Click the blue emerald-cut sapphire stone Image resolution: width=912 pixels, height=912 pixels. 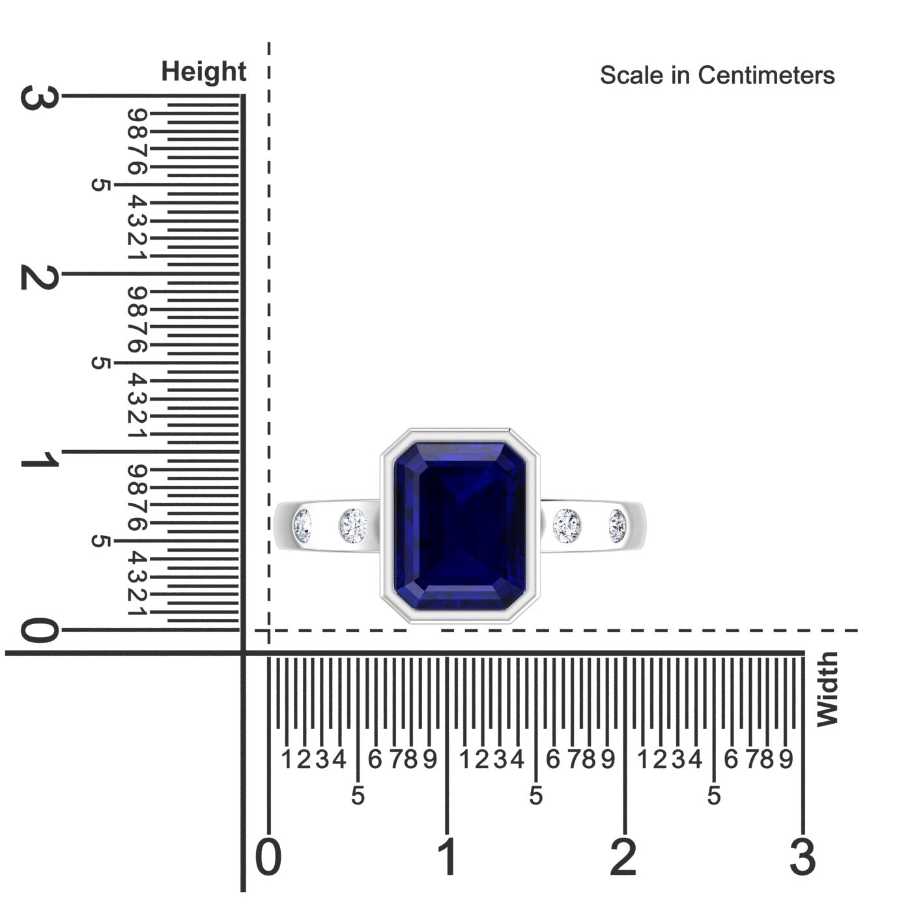460,526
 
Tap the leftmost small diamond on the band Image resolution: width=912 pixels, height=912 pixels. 302,526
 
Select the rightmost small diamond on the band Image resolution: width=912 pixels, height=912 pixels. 618,526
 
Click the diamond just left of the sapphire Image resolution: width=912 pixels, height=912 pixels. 353,526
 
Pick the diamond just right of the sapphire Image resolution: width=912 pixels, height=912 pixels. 567,526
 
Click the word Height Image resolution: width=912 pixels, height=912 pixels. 203,72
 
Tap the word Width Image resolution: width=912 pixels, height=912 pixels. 827,689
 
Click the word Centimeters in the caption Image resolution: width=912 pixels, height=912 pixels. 766,76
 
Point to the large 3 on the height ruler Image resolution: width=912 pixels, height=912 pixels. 40,98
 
